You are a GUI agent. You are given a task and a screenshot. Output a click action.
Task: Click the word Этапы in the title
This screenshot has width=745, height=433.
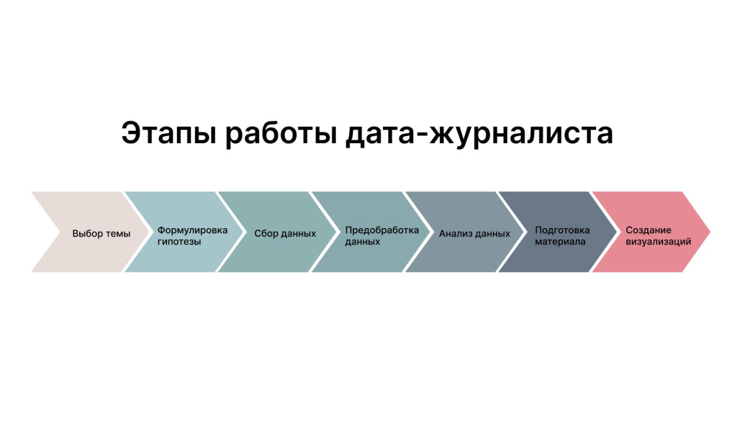click(169, 134)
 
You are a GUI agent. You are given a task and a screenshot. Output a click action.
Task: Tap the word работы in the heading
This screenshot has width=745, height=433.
click(281, 134)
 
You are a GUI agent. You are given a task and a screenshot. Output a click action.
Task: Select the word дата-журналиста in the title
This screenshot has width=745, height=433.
click(479, 134)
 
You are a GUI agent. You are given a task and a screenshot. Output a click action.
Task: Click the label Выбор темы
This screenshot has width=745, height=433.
click(101, 233)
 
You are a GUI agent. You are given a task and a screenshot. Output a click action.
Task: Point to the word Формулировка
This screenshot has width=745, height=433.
click(192, 230)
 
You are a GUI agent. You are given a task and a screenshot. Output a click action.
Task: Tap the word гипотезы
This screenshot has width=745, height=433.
click(179, 242)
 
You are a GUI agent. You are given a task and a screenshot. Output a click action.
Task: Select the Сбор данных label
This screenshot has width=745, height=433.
click(285, 233)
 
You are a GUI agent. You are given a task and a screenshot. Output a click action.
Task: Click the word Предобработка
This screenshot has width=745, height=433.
click(382, 230)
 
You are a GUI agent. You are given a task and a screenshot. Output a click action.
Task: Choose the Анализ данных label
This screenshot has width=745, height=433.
click(474, 233)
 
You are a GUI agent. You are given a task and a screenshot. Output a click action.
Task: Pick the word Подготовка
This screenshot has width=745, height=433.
click(562, 230)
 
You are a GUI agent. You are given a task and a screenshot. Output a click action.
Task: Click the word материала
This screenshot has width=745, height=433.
click(560, 242)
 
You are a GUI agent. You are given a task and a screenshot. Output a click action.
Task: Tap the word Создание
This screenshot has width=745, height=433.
click(648, 230)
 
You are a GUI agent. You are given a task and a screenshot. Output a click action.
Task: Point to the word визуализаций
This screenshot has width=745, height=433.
click(658, 242)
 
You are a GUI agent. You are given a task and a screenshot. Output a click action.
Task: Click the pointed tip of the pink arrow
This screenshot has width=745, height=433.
click(710, 232)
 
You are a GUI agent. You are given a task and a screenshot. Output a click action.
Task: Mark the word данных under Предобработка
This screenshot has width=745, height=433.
click(362, 242)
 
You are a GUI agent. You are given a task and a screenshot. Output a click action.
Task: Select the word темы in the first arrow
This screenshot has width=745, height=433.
click(118, 234)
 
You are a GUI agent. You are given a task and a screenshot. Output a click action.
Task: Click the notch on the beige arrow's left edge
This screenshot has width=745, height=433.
click(61, 232)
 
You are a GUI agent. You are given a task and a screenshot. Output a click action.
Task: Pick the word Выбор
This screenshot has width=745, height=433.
click(87, 233)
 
